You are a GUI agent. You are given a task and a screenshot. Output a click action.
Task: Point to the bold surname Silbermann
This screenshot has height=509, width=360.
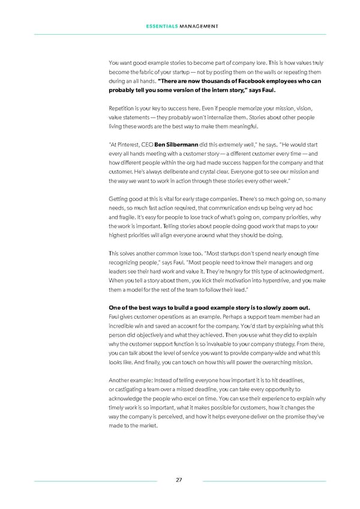tap(178, 144)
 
